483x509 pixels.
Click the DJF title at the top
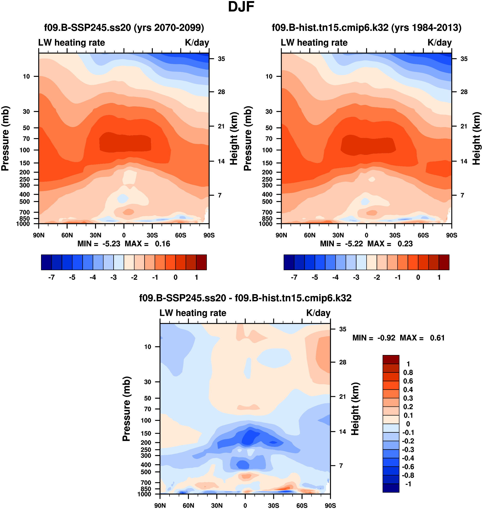[241, 7]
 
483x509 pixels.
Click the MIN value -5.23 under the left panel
[111, 244]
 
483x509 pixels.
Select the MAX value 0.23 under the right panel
[405, 244]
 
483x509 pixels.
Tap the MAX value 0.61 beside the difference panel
[437, 338]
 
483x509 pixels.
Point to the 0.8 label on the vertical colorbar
[408, 372]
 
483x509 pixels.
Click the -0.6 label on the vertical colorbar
[408, 466]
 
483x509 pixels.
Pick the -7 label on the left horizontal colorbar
[52, 277]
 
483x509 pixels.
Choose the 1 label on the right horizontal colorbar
[439, 277]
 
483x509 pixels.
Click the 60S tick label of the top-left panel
[180, 235]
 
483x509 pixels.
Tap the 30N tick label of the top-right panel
[338, 235]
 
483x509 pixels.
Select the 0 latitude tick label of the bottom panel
[245, 505]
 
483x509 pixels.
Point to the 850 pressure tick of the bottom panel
[146, 489]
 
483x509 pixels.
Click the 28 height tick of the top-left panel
[221, 92]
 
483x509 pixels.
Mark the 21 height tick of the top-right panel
[464, 126]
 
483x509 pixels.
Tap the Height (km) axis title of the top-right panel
[476, 138]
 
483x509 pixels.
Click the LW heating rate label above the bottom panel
[193, 313]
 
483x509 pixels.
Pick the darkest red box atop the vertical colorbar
[391, 359]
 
